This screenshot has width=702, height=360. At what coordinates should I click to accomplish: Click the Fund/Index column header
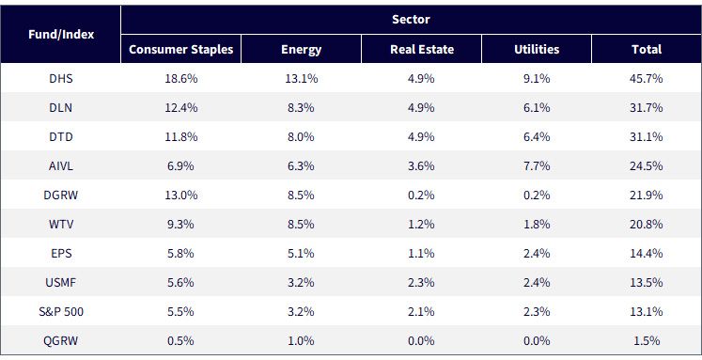tap(61, 35)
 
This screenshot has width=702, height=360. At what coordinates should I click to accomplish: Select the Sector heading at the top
tap(411, 19)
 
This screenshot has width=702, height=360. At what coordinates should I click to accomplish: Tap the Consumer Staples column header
tap(180, 49)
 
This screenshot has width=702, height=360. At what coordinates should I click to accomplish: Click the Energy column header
tap(302, 50)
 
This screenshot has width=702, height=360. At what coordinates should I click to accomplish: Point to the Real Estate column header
tap(422, 49)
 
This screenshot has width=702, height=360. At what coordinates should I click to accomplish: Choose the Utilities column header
tap(537, 49)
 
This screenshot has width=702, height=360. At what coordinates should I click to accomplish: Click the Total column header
tap(647, 49)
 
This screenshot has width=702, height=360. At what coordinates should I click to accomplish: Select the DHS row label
tap(61, 78)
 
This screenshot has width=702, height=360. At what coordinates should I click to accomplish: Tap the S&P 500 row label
tap(61, 312)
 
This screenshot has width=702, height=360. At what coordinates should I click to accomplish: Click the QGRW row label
tap(61, 341)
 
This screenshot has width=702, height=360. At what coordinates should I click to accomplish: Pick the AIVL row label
tap(61, 165)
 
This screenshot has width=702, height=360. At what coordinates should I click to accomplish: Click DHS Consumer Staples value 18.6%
tap(180, 78)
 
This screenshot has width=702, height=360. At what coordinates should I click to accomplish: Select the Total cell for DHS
tap(646, 78)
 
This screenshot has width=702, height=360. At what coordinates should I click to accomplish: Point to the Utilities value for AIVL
tap(537, 165)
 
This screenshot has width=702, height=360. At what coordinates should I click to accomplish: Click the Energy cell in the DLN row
tap(301, 107)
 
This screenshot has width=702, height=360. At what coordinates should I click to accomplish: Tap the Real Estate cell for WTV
tap(421, 224)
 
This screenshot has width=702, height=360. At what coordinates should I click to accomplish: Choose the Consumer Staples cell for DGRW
tap(180, 195)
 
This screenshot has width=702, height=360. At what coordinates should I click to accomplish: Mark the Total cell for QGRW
tap(647, 341)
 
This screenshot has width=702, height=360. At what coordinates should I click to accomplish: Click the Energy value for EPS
tap(301, 254)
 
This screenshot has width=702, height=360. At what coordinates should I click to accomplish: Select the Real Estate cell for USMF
tap(421, 283)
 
